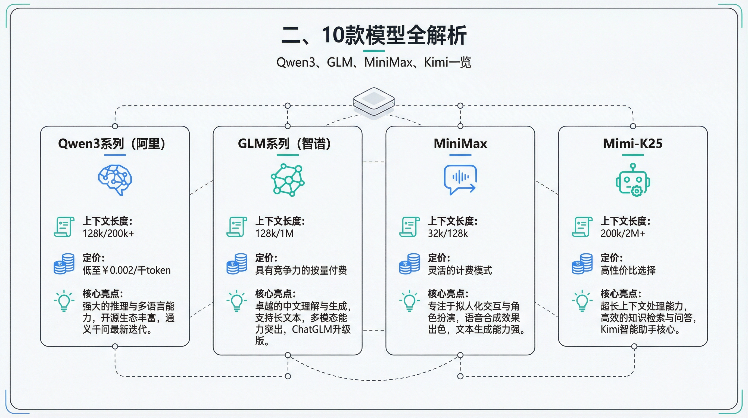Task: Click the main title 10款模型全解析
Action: click(x=374, y=35)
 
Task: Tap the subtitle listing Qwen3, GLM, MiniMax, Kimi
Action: click(x=374, y=62)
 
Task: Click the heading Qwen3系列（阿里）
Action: click(x=112, y=144)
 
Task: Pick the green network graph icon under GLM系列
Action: click(x=288, y=180)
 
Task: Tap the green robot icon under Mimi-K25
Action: click(x=633, y=180)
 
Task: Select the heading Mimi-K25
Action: click(x=633, y=144)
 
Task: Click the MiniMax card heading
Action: click(x=460, y=144)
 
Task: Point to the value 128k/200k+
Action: click(x=108, y=233)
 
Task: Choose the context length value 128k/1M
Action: click(x=275, y=233)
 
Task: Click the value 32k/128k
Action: click(x=448, y=233)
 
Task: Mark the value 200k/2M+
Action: click(x=622, y=233)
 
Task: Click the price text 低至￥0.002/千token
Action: click(x=127, y=270)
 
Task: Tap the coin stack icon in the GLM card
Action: click(x=237, y=264)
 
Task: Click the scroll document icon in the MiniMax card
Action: click(x=409, y=227)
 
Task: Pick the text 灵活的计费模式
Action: click(x=460, y=270)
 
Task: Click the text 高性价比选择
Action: click(x=628, y=270)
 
